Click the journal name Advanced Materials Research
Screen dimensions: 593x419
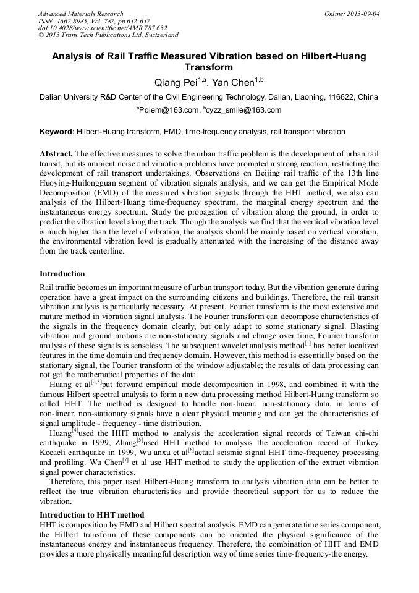tap(80, 14)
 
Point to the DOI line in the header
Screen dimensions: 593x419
tap(103, 28)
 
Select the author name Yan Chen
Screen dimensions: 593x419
tap(243, 82)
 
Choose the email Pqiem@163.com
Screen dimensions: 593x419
tap(167, 111)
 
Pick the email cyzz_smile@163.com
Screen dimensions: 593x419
tap(243, 111)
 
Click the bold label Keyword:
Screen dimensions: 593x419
tap(56, 132)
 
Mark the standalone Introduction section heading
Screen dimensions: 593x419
tap(62, 274)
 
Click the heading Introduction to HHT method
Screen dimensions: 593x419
tap(92, 515)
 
